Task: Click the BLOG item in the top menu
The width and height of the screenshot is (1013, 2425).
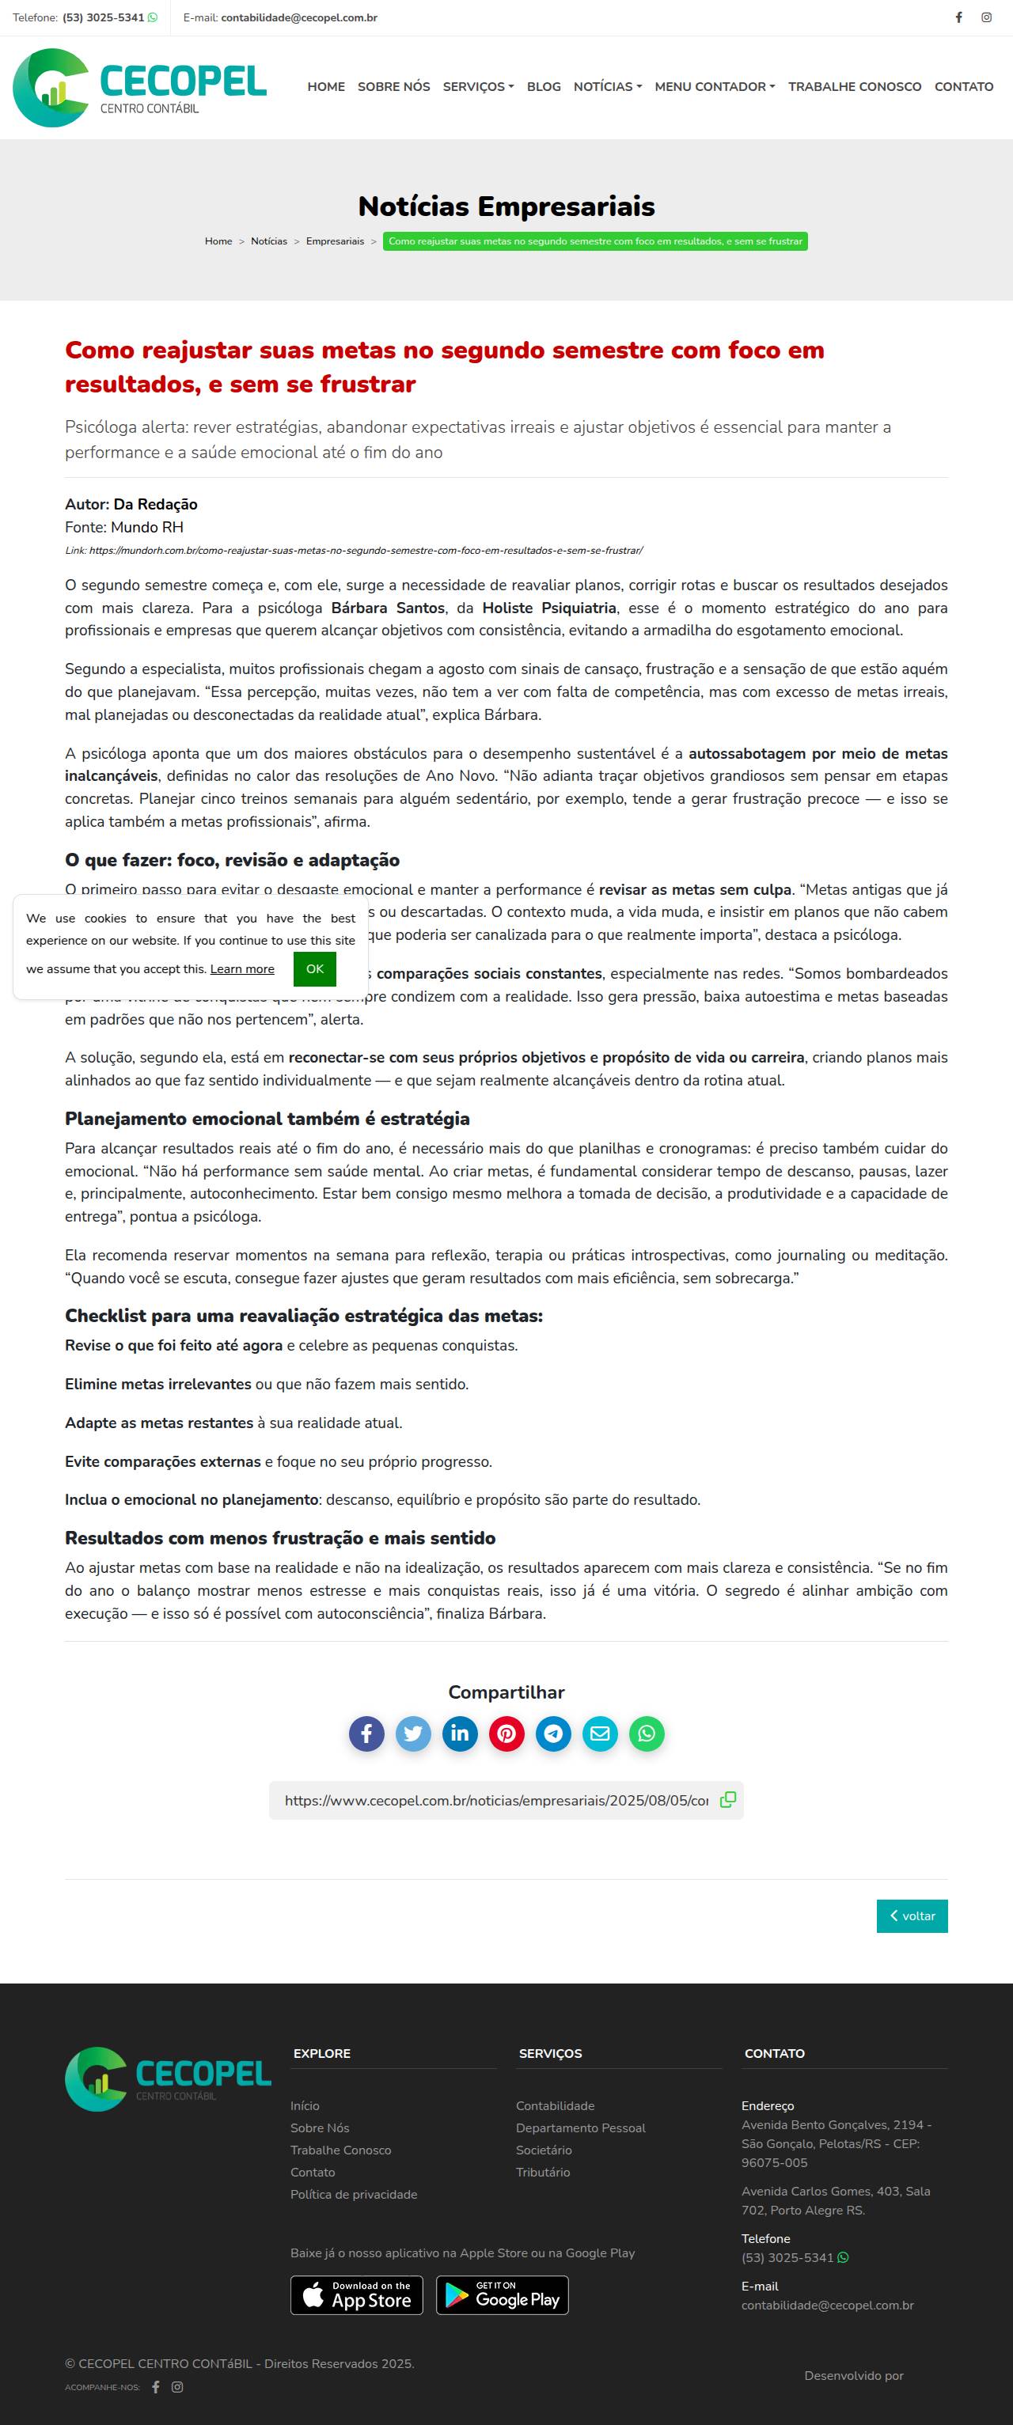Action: (543, 86)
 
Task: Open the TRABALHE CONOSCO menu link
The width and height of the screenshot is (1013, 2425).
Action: (854, 86)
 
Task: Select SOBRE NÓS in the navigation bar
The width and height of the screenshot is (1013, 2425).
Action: (393, 86)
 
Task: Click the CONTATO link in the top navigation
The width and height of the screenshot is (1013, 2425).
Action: (963, 86)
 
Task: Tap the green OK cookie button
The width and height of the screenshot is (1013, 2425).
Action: (314, 968)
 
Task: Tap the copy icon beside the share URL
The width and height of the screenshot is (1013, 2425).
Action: (728, 1800)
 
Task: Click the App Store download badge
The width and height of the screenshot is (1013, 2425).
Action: (357, 2294)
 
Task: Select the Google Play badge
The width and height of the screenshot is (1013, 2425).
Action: (502, 2294)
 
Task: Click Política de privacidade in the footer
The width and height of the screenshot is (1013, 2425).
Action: (354, 2194)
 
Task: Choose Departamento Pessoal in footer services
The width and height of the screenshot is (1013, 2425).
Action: (580, 2128)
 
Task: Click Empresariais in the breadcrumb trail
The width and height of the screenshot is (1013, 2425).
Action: (334, 242)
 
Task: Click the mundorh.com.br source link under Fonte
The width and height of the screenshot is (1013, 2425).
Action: (366, 550)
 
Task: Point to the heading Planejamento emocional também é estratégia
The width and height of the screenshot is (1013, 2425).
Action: (267, 1119)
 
